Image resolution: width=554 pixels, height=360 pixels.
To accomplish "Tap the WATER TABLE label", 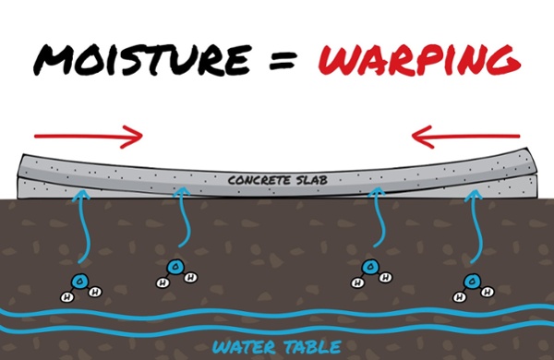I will click(x=276, y=346).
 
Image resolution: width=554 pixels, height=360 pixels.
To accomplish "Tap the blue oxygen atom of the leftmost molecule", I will click(x=77, y=283).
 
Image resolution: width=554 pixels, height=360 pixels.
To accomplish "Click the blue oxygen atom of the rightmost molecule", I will click(x=472, y=280).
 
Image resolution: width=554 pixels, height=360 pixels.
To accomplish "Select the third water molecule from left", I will click(x=369, y=271).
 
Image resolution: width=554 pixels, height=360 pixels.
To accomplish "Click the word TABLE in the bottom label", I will click(x=315, y=346).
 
